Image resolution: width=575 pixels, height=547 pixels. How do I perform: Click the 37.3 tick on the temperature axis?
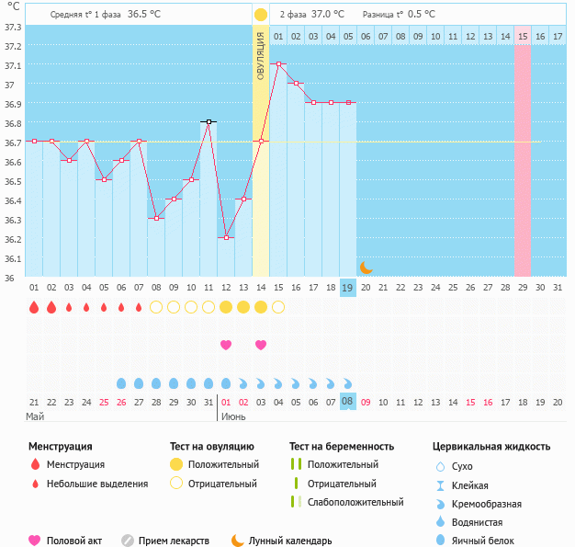[13, 27]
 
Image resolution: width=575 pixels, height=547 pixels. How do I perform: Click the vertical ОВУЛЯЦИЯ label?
[261, 55]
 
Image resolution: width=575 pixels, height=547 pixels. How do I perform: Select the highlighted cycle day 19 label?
[348, 288]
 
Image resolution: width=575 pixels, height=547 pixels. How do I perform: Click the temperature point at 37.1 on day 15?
[278, 64]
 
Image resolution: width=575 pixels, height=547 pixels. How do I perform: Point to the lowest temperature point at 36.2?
[226, 237]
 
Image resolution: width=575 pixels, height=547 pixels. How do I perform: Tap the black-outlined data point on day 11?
[209, 121]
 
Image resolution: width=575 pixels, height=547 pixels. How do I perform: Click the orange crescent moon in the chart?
[366, 267]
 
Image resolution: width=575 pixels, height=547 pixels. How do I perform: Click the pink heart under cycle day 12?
[226, 345]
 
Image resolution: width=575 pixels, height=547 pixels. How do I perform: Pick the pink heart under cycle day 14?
[261, 345]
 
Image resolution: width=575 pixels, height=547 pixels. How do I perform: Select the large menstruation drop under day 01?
[34, 307]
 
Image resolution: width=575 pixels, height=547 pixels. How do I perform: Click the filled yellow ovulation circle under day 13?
[243, 307]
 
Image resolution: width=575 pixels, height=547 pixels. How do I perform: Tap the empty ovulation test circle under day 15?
[278, 307]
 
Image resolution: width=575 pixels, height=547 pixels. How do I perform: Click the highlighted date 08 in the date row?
[348, 402]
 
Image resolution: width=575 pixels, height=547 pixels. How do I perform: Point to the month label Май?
[35, 416]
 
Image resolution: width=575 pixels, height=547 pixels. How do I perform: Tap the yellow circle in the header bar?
[261, 15]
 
